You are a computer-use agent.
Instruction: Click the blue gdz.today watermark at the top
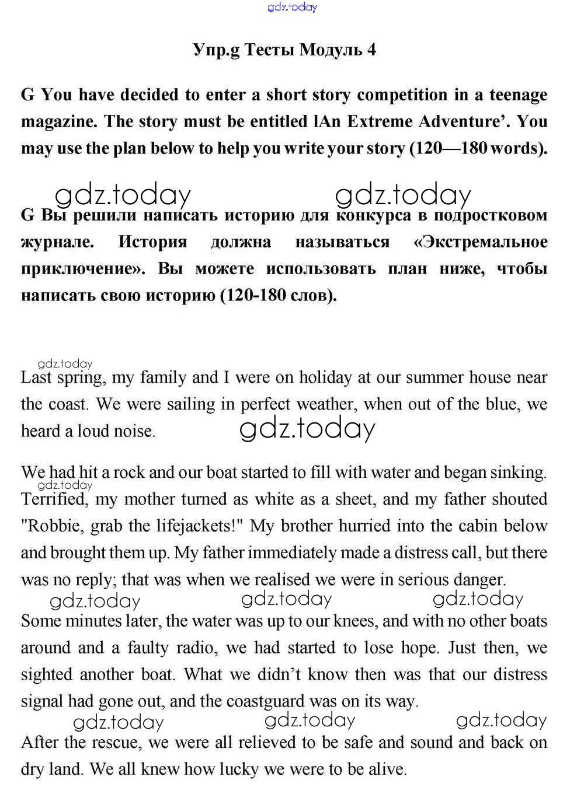(292, 7)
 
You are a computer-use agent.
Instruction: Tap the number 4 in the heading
(371, 51)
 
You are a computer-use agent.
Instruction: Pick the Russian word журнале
(57, 242)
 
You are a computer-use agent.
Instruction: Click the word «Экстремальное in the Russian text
(480, 242)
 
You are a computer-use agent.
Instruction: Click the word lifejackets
(199, 526)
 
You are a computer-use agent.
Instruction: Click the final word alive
(387, 769)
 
